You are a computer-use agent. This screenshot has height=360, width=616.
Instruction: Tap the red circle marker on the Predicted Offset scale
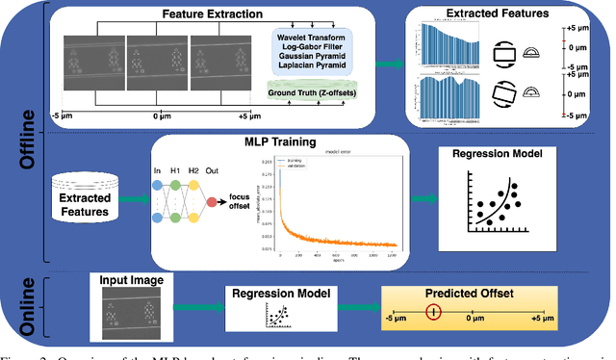435,311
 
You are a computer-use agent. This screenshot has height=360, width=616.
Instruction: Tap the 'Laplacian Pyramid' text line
309,68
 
